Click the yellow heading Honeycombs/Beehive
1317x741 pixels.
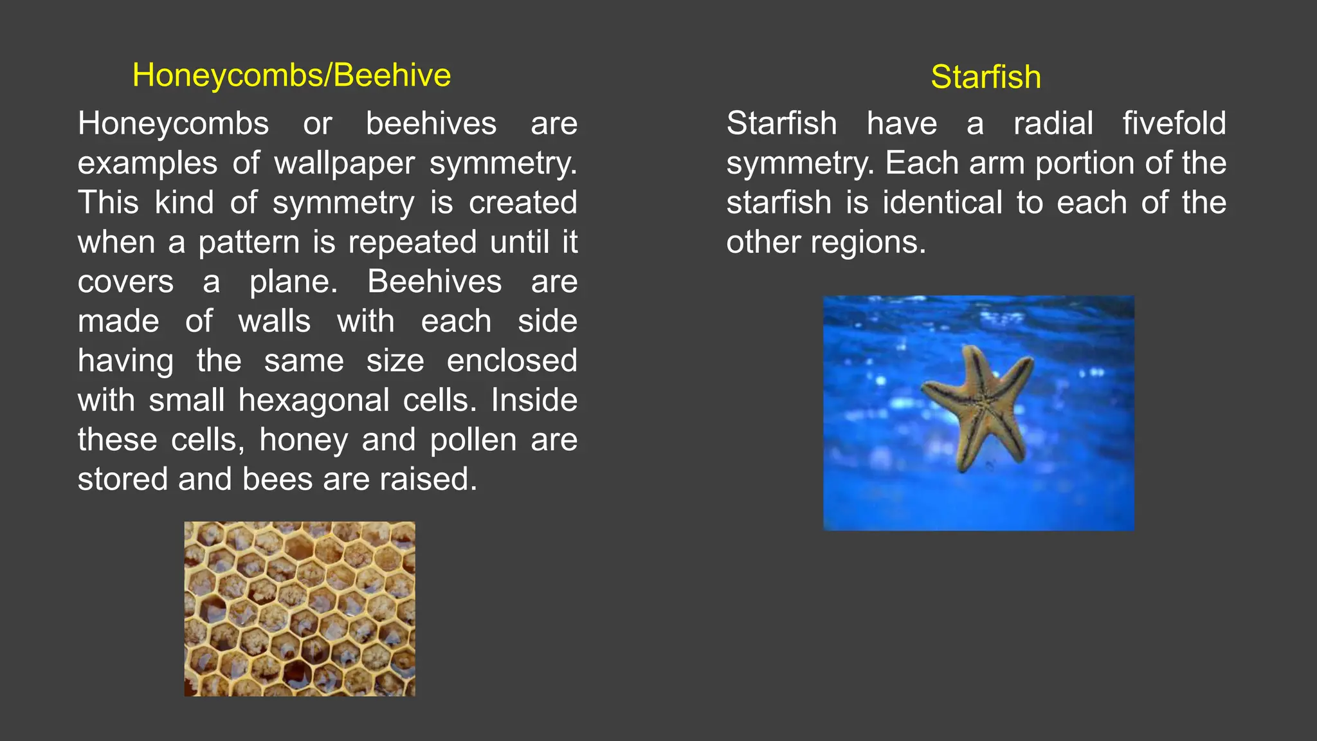pyautogui.click(x=291, y=75)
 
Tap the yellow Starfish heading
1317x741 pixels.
pyautogui.click(x=985, y=77)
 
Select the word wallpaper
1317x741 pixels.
pyautogui.click(x=344, y=163)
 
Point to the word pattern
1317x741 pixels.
pyautogui.click(x=250, y=242)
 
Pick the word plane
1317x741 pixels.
pyautogui.click(x=293, y=282)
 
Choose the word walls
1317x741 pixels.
pyautogui.click(x=275, y=322)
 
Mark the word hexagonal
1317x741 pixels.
pyautogui.click(x=314, y=401)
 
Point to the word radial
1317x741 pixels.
pyautogui.click(x=1053, y=123)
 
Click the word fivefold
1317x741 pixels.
pyautogui.click(x=1174, y=123)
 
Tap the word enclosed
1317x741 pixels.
pyautogui.click(x=512, y=361)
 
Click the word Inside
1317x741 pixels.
pyautogui.click(x=534, y=401)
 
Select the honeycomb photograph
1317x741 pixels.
pyautogui.click(x=300, y=608)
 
